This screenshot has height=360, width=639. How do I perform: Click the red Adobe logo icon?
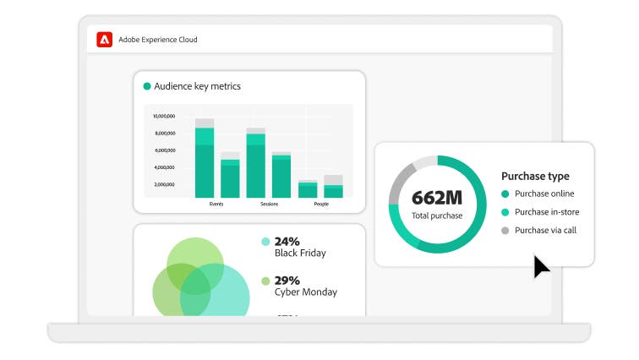tap(105, 39)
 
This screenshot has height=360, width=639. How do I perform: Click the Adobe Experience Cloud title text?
tap(158, 40)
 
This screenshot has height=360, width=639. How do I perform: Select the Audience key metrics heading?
tap(197, 86)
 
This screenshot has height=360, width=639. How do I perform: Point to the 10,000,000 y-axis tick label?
tap(164, 116)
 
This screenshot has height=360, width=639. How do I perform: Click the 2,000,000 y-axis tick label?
tap(164, 183)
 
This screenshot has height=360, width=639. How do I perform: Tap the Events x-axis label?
tap(216, 204)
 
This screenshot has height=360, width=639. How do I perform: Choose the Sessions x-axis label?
tap(269, 204)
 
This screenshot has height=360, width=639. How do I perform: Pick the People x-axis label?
tap(321, 204)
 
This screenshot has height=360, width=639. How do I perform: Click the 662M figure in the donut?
tap(437, 198)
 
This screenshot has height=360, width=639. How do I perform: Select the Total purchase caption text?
tap(437, 215)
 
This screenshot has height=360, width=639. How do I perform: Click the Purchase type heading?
tap(535, 177)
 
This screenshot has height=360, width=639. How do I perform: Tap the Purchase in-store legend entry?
tap(547, 212)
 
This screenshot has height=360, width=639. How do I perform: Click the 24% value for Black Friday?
tap(287, 241)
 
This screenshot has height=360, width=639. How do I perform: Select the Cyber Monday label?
tap(305, 292)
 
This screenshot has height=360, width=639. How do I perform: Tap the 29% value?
tap(287, 280)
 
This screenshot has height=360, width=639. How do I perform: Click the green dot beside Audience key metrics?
tap(147, 86)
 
